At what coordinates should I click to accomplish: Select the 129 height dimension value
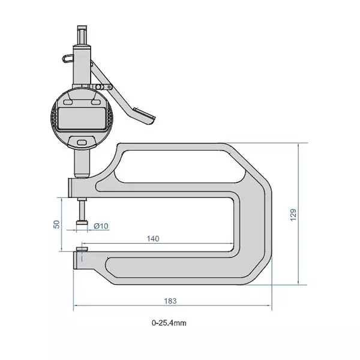coord(293,214)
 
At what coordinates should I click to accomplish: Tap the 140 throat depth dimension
coord(153,238)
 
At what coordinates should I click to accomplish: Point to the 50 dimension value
coord(56,223)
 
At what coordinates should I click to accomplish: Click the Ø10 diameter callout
coord(101,226)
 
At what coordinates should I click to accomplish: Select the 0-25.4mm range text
coord(169,322)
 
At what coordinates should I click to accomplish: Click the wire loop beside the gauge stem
coord(66,58)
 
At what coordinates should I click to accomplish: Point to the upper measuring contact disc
coord(81,226)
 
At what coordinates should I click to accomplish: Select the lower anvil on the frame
coord(82,247)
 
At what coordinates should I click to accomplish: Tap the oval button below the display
coord(82,142)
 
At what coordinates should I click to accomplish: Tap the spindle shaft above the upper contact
coord(81,210)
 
